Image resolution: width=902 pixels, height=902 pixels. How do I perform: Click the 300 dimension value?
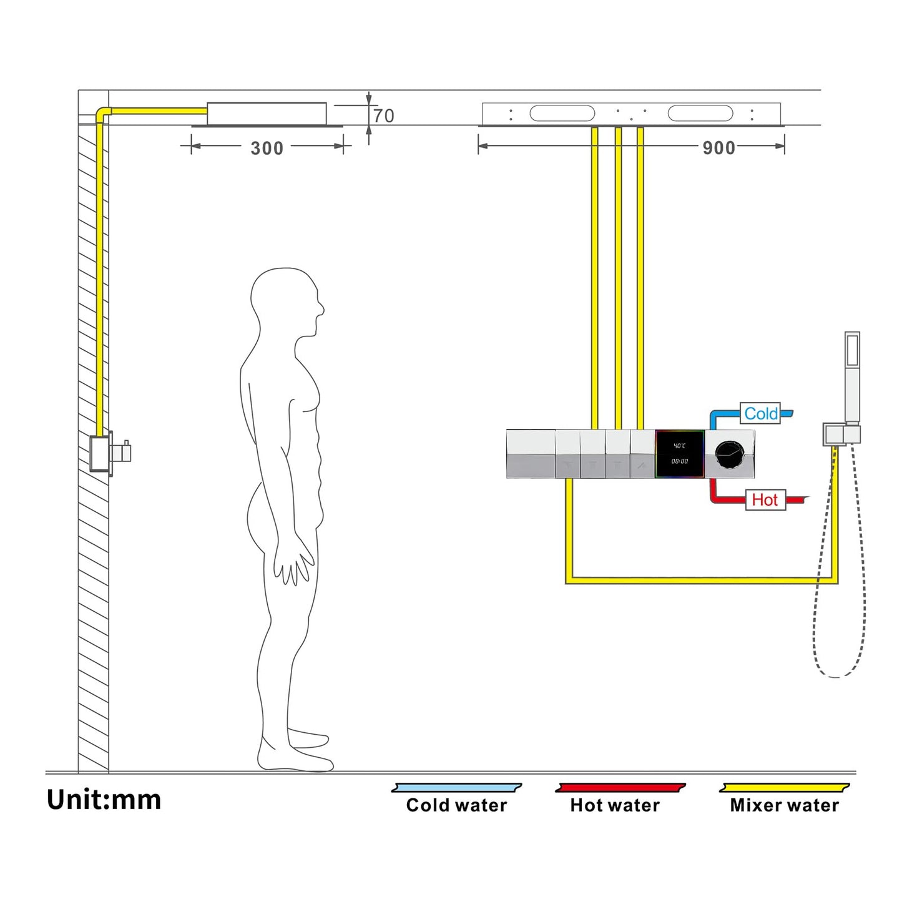(x=267, y=148)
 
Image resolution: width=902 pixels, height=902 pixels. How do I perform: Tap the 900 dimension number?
(x=718, y=148)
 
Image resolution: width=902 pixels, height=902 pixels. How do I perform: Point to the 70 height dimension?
(x=384, y=115)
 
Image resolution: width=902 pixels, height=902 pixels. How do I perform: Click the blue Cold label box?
(x=760, y=413)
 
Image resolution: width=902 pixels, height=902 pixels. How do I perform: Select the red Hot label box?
(x=765, y=499)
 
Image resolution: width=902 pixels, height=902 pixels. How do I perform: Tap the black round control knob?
(x=729, y=454)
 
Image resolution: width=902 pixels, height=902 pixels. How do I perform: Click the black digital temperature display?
(x=680, y=454)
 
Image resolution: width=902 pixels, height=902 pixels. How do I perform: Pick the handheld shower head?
(x=852, y=375)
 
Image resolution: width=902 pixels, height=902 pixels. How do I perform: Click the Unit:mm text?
(x=104, y=800)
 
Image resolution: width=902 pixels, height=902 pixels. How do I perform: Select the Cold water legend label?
(x=456, y=805)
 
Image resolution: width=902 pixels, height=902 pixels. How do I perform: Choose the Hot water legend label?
(x=615, y=805)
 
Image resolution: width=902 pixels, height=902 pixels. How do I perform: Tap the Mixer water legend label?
(x=785, y=805)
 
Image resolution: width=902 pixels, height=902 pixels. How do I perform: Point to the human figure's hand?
(x=293, y=565)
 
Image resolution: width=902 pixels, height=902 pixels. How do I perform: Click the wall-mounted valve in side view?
(x=109, y=453)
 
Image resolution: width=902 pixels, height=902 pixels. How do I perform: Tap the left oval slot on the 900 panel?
(x=562, y=113)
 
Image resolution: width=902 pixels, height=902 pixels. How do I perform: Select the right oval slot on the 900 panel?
(x=700, y=113)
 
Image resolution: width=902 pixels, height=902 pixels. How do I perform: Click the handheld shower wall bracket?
(x=841, y=434)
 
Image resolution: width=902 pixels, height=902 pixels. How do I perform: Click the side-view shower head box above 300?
(x=267, y=114)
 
